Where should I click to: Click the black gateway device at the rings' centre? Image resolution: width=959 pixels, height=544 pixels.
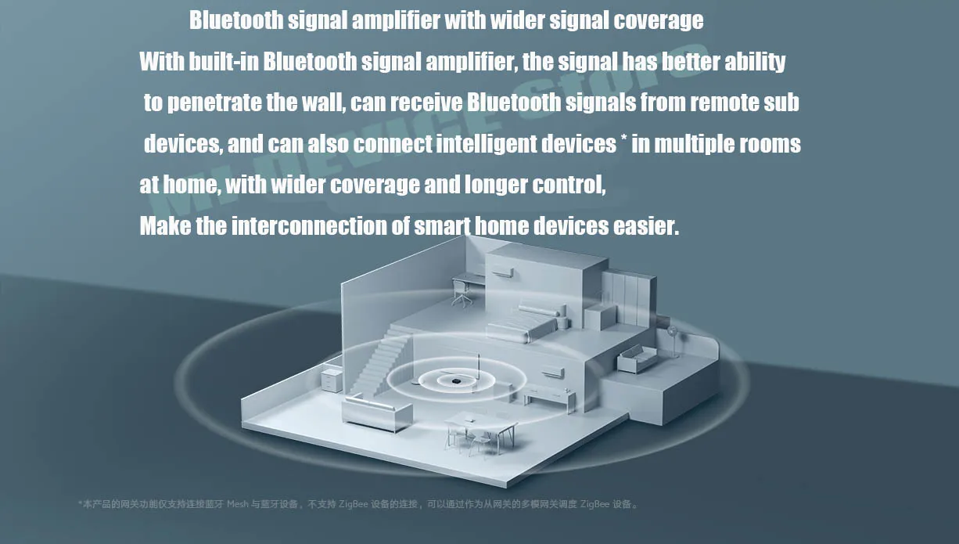coord(454,380)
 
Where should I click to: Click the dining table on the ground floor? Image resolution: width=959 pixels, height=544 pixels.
coord(481,430)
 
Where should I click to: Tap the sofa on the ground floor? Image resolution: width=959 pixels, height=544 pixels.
coord(378,413)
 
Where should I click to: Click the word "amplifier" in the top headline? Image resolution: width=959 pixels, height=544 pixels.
coord(397,20)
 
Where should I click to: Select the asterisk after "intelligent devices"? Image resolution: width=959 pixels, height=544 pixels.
coord(624,142)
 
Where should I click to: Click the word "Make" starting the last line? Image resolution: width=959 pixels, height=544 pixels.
coord(165,226)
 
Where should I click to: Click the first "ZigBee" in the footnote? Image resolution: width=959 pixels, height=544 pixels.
coord(354,504)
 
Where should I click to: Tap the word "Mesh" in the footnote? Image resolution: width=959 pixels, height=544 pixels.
coord(238,504)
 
